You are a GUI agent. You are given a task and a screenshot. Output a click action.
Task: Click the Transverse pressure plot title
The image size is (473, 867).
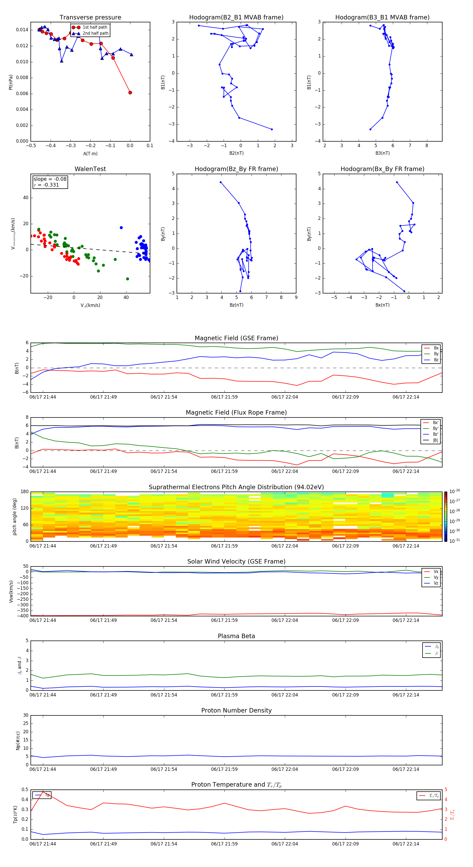pyautogui.click(x=90, y=18)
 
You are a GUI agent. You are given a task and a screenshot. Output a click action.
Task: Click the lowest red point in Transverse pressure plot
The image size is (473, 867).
pyautogui.click(x=130, y=92)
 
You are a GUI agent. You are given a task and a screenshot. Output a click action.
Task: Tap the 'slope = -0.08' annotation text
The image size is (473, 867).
pyautogui.click(x=50, y=179)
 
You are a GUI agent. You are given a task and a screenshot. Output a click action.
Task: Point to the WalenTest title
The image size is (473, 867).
pyautogui.click(x=90, y=169)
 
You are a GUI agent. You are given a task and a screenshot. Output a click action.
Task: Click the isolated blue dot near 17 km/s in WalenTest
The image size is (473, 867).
pyautogui.click(x=121, y=228)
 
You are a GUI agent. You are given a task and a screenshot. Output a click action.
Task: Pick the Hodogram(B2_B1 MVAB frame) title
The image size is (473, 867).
pyautogui.click(x=236, y=18)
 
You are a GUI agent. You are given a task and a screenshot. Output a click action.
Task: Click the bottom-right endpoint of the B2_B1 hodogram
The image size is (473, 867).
pyautogui.click(x=272, y=129)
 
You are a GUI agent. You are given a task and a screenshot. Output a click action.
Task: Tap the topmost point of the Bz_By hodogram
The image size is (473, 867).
pyautogui.click(x=220, y=182)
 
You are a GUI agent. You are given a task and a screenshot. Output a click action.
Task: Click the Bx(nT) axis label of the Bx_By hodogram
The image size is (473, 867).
pyautogui.click(x=382, y=305)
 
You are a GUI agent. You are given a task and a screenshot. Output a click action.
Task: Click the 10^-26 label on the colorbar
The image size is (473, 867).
pyautogui.click(x=455, y=491)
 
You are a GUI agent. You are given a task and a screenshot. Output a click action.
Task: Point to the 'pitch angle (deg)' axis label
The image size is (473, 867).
pyautogui.click(x=14, y=516)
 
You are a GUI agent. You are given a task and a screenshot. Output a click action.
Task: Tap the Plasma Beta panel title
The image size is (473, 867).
pyautogui.click(x=236, y=636)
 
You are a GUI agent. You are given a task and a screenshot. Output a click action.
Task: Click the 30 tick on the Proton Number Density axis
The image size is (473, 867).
pyautogui.click(x=25, y=715)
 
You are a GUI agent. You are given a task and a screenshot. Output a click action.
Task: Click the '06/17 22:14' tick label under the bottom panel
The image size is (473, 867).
pyautogui.click(x=406, y=844)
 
